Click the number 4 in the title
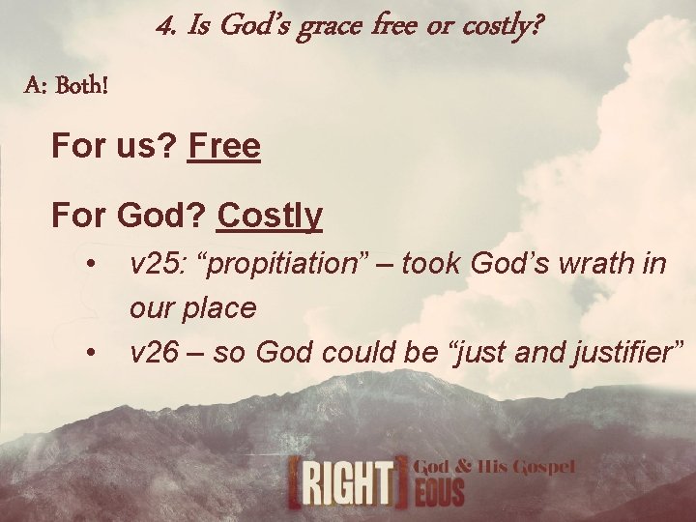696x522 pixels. tap(162, 27)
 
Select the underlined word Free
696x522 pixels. tap(225, 146)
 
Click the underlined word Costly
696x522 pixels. tap(271, 216)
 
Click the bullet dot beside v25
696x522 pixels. tap(90, 264)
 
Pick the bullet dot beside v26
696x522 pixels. tap(90, 355)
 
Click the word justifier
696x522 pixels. tap(620, 355)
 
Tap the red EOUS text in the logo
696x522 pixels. tap(439, 491)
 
